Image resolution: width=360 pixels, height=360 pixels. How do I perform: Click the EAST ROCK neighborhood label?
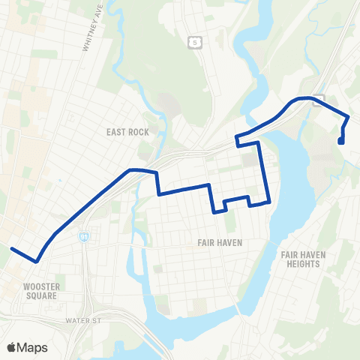click(x=127, y=132)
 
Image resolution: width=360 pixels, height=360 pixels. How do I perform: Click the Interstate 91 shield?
click(x=84, y=236)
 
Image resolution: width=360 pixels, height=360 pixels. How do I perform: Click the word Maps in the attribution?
click(x=32, y=347)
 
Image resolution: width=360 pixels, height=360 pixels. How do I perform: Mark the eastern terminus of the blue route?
click(x=341, y=141)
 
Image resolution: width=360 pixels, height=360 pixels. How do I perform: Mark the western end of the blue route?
click(x=12, y=247)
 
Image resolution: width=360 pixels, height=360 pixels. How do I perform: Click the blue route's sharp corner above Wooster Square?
click(x=35, y=260)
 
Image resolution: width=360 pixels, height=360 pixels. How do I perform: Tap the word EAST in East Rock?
click(x=116, y=132)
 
